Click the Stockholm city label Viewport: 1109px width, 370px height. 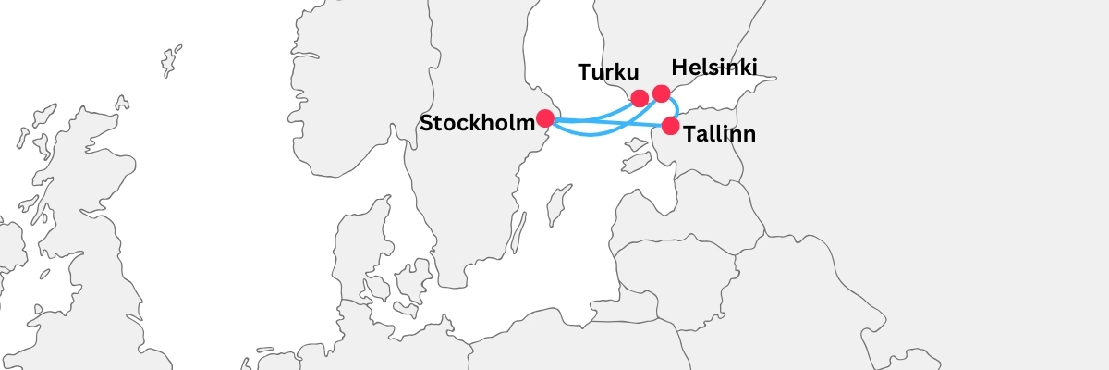point(477,123)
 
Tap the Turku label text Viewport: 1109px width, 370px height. point(608,72)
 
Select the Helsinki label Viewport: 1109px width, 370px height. point(714,68)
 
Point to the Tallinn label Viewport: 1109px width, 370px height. point(720,135)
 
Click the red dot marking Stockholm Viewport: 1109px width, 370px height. point(545,118)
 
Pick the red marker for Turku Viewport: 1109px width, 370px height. point(639,98)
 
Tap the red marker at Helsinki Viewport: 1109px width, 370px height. point(661,93)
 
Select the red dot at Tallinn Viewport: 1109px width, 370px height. point(671,126)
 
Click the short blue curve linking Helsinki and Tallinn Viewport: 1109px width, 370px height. point(677,105)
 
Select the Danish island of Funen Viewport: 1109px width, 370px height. point(378,288)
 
